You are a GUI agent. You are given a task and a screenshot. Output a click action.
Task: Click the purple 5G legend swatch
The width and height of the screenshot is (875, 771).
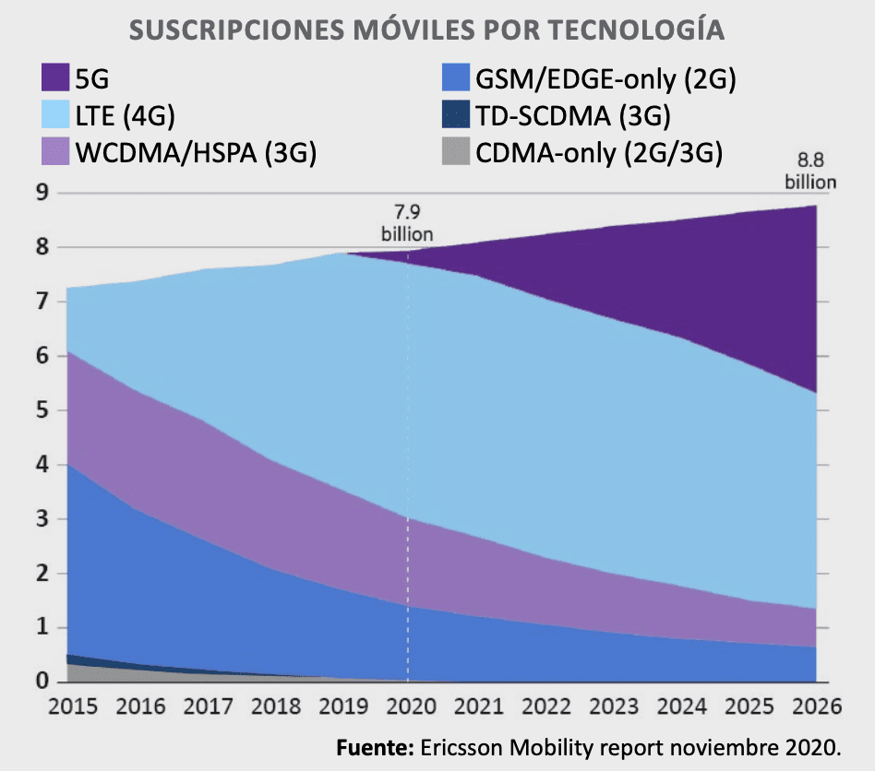[x=57, y=78]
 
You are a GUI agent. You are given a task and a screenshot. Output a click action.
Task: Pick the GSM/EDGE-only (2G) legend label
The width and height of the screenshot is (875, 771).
[x=605, y=78]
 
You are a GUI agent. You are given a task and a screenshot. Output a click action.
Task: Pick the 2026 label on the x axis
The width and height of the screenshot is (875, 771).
[x=812, y=707]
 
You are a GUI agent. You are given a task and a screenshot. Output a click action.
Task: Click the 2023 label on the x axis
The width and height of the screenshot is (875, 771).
[x=610, y=707]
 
